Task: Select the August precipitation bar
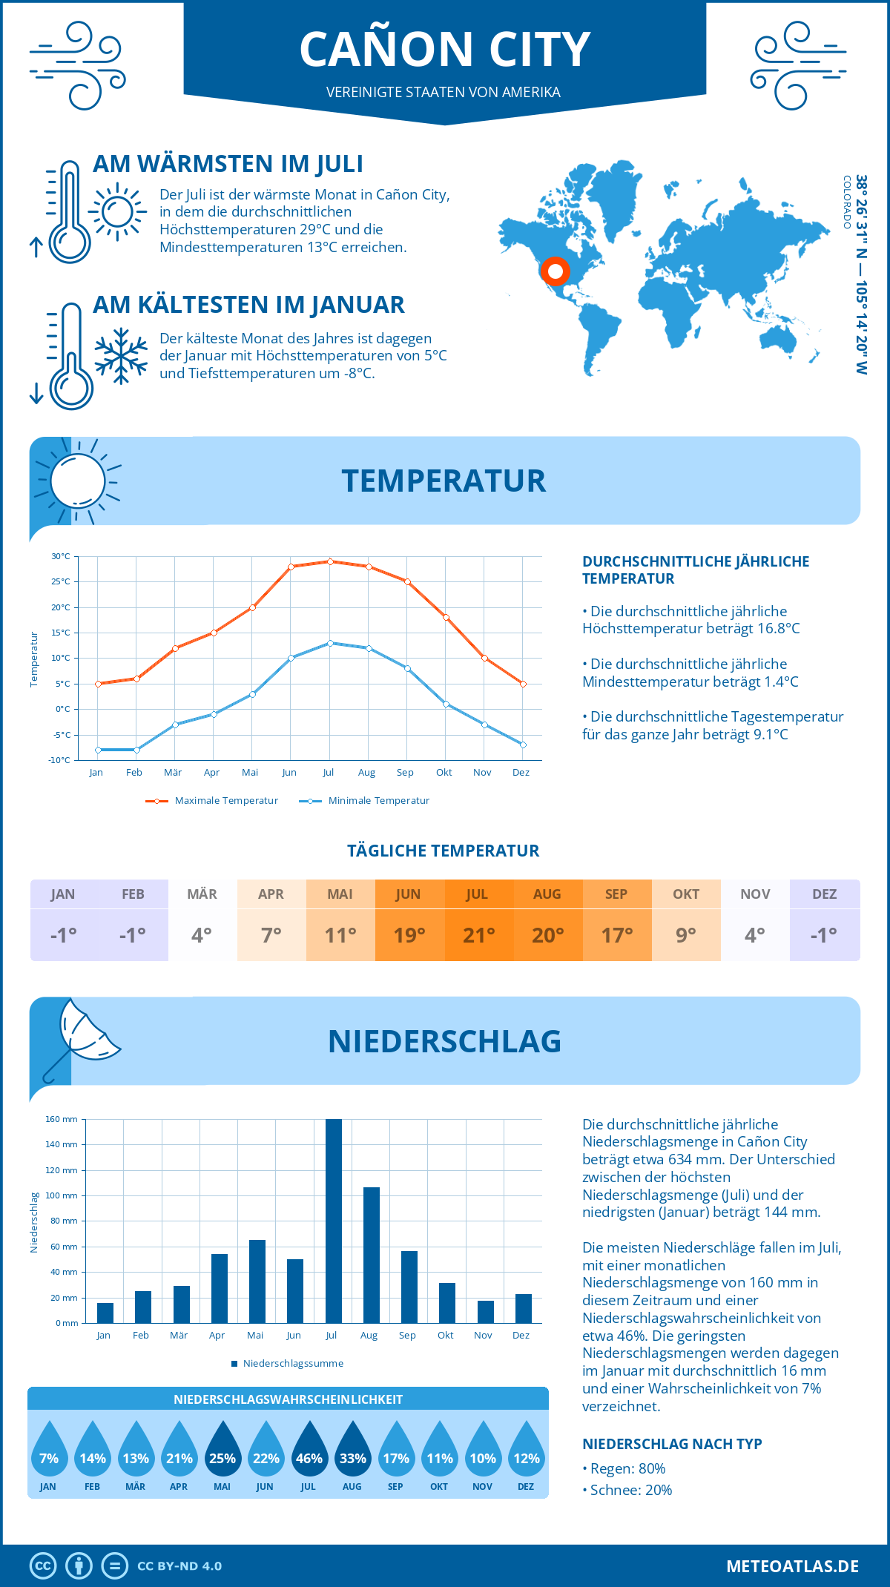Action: click(371, 1255)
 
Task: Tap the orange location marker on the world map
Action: click(555, 271)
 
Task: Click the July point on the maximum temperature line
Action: click(330, 561)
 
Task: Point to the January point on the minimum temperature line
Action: click(98, 750)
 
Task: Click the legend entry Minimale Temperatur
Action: click(364, 801)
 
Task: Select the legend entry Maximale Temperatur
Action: click(212, 801)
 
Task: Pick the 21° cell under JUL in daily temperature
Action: click(478, 935)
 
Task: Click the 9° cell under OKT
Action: click(686, 935)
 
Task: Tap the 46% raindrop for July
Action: click(309, 1453)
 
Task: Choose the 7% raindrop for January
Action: click(49, 1453)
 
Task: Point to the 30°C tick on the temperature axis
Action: click(61, 556)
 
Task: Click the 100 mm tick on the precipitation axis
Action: click(62, 1195)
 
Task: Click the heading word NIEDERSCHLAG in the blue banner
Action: click(444, 1041)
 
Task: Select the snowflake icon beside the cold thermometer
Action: click(121, 355)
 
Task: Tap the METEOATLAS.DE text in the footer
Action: click(792, 1566)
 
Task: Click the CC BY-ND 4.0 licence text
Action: click(179, 1566)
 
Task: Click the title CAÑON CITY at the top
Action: click(444, 49)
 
